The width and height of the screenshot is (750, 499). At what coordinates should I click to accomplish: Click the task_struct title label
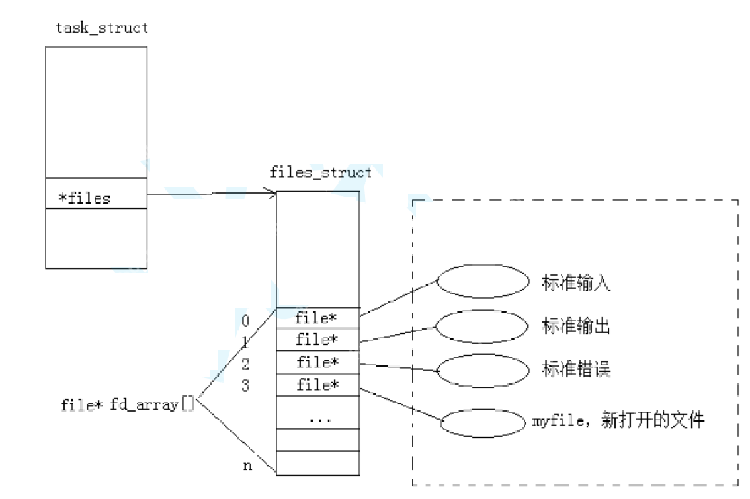[x=102, y=28]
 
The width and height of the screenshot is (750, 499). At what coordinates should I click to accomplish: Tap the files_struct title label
[x=320, y=173]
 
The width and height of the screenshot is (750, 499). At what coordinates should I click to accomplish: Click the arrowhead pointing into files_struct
[x=271, y=193]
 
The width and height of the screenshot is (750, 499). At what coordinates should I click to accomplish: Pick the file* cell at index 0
[x=317, y=318]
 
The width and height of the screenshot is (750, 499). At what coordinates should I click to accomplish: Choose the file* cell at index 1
[x=317, y=340]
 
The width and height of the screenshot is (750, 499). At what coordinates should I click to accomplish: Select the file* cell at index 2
[x=317, y=362]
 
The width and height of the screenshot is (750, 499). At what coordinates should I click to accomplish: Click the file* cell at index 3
[x=317, y=385]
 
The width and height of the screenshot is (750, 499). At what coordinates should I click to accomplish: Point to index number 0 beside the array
[x=246, y=322]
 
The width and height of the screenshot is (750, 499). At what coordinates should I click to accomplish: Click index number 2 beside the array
[x=246, y=364]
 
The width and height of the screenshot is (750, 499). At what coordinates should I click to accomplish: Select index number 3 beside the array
[x=246, y=385]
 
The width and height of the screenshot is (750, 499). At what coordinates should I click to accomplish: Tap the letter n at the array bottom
[x=247, y=466]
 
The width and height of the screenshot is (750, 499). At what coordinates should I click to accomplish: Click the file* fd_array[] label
[x=127, y=404]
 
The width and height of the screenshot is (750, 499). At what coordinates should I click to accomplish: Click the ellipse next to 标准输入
[x=484, y=282]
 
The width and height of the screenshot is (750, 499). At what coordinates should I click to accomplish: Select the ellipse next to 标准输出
[x=484, y=325]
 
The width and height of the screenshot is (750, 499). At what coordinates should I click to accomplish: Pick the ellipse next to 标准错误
[x=484, y=370]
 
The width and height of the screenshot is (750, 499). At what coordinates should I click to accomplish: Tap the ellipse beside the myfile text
[x=484, y=424]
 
